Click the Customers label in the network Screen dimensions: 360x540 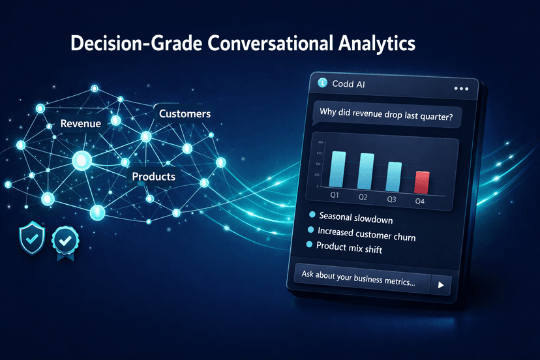(185, 113)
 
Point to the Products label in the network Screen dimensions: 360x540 (153, 176)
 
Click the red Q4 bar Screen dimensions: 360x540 (423, 181)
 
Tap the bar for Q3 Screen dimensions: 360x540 (395, 176)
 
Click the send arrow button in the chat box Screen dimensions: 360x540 (442, 285)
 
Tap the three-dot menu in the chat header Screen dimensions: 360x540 (460, 88)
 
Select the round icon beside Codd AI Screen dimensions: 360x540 (322, 83)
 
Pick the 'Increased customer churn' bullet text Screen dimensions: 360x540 (367, 232)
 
